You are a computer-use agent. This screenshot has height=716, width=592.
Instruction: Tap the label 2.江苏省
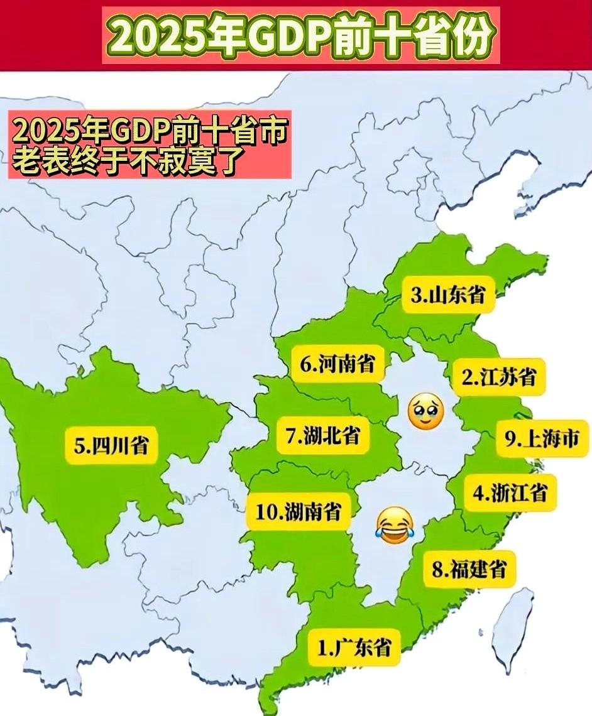tap(499, 377)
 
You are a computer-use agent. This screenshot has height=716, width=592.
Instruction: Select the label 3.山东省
tap(449, 295)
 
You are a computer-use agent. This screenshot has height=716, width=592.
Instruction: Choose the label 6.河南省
tap(337, 364)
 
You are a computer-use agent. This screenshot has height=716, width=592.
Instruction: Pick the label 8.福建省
tap(468, 569)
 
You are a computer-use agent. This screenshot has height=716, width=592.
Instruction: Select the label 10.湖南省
tap(299, 511)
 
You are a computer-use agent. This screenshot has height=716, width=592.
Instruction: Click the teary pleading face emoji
tap(425, 412)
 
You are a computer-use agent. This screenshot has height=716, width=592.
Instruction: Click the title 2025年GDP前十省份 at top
tap(300, 36)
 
